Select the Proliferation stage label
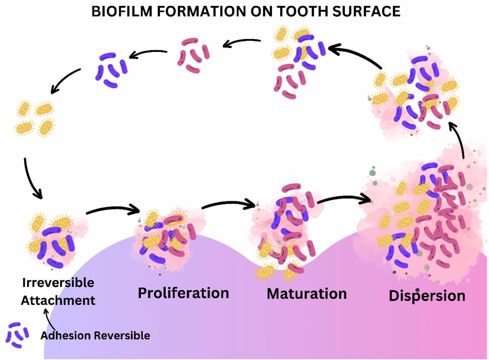click(183, 293)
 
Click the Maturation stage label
click(307, 294)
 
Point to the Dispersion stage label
click(427, 296)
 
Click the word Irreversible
click(58, 283)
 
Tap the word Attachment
click(58, 300)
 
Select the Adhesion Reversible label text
click(95, 335)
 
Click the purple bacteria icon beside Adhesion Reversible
click(17, 335)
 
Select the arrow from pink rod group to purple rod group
click(148, 53)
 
